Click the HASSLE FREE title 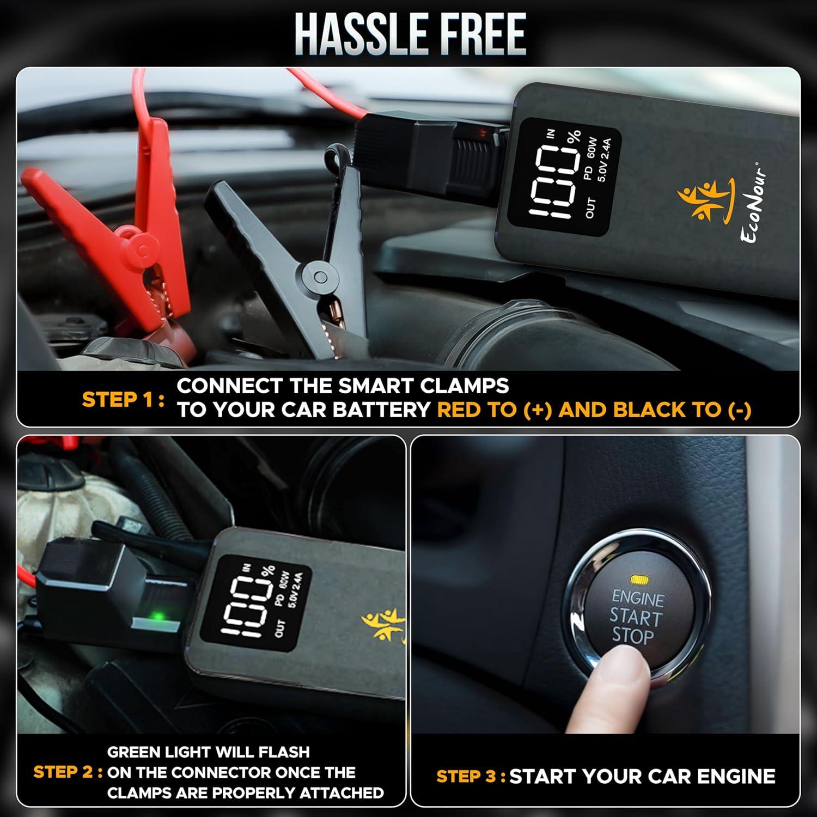click(x=410, y=34)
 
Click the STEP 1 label click(x=123, y=400)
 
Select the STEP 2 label click(x=68, y=772)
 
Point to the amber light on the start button click(x=636, y=579)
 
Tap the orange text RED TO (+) click(x=495, y=410)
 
